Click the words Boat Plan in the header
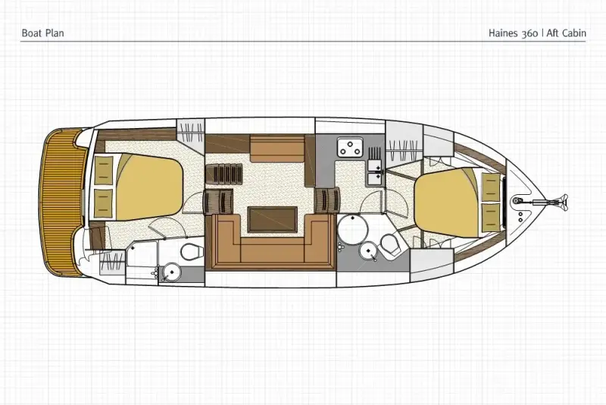coord(42,33)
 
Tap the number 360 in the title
coord(529,33)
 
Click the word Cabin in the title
coord(573,33)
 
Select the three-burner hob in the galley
coord(351,147)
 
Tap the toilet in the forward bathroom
coord(390,244)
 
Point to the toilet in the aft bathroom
coord(192,253)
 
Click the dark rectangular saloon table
coord(273,219)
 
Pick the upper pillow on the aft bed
coord(104,171)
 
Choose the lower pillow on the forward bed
coord(491,217)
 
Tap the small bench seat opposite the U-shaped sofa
coord(277,149)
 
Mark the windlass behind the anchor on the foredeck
coord(517,200)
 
